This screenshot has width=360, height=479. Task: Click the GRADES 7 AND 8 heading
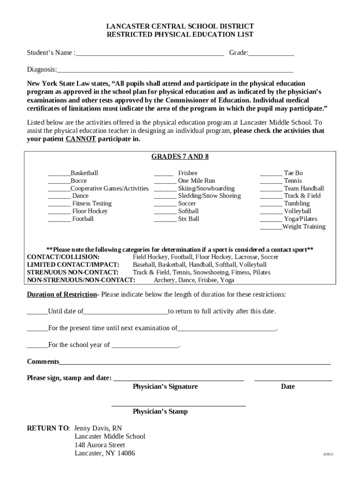[x=180, y=157]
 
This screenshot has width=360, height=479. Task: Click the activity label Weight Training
[x=304, y=227]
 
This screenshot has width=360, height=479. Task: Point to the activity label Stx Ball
[x=188, y=219]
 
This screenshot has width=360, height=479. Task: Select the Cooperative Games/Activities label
[x=109, y=189]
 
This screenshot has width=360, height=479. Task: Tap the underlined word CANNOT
[x=81, y=139]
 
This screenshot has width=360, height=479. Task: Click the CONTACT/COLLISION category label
[x=63, y=257]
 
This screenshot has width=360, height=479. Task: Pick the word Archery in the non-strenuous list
[x=165, y=280]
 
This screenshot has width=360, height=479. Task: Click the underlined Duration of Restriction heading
[x=62, y=295]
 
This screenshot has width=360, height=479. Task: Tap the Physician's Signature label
[x=165, y=387]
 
